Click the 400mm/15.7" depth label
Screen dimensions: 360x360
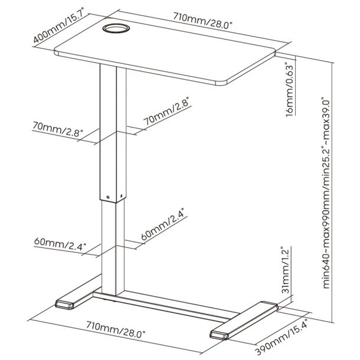61,28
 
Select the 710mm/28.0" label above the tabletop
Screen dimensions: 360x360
203,21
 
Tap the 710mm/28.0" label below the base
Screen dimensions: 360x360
116,329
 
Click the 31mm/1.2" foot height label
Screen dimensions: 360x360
286,270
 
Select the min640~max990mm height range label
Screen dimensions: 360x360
326,193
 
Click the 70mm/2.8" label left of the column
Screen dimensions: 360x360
57,129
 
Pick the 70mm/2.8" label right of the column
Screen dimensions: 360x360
167,111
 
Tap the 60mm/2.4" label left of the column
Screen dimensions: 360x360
60,244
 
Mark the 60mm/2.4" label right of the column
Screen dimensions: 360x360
165,227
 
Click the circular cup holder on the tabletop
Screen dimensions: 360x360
116,28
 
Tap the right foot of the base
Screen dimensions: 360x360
244,321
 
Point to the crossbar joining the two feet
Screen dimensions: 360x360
165,305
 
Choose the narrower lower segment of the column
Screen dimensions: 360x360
113,247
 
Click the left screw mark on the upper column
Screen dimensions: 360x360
108,197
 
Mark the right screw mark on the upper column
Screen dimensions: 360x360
122,195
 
